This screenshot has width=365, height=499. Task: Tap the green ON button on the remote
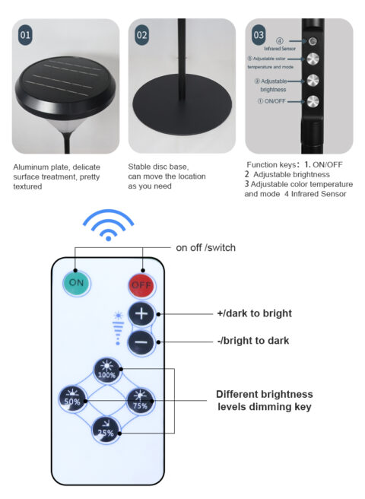[76, 283]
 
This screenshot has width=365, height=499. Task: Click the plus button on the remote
[141, 314]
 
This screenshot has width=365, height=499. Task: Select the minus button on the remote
[141, 342]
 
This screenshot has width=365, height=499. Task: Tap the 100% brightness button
[107, 371]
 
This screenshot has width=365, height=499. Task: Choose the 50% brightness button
[72, 399]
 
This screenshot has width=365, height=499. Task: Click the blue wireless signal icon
[108, 224]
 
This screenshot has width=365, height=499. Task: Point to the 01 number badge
[25, 35]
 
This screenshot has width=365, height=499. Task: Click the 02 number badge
[142, 35]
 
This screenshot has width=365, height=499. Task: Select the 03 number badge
[259, 34]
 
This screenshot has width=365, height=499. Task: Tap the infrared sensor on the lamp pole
[313, 41]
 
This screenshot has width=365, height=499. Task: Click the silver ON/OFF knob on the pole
[313, 101]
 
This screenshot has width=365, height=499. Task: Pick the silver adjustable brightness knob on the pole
[313, 81]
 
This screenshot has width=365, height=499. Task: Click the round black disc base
[182, 103]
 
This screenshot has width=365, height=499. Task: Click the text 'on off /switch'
[205, 247]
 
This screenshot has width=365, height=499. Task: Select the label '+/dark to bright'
[254, 313]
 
